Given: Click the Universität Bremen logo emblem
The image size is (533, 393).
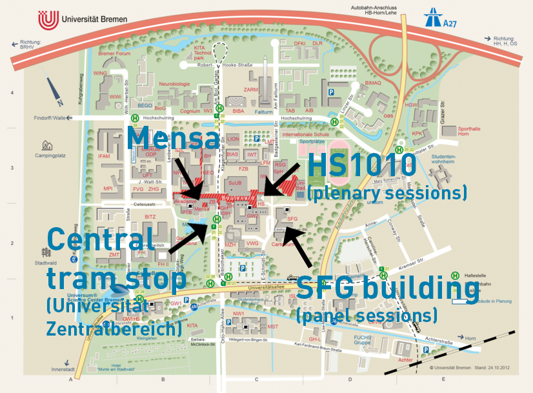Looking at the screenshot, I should pyautogui.click(x=48, y=20).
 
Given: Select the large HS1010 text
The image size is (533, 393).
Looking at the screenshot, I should pyautogui.click(x=361, y=165).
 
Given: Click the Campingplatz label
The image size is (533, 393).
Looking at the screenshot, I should pyautogui.click(x=45, y=156).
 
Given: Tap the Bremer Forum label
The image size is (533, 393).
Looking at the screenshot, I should pyautogui.click(x=114, y=54).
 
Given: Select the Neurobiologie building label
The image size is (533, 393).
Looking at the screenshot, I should pyautogui.click(x=176, y=84).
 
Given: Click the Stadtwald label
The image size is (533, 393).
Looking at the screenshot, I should pyautogui.click(x=46, y=263).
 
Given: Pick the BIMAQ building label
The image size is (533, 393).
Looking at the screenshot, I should pyautogui.click(x=373, y=83).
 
